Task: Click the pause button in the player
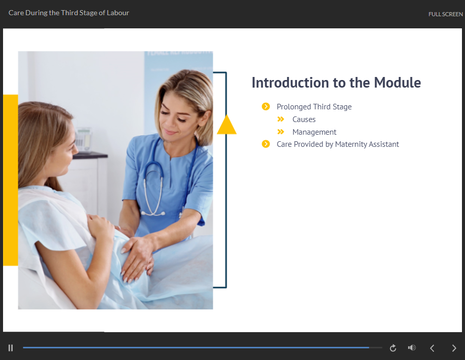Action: (11, 348)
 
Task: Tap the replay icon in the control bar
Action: (393, 348)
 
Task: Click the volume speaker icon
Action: (412, 347)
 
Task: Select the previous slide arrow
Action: (432, 348)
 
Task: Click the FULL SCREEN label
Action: (445, 14)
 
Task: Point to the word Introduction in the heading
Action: (290, 83)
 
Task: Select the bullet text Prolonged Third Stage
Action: (314, 107)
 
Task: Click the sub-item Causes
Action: (304, 119)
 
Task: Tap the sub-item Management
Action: (315, 132)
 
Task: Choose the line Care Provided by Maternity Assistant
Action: (338, 144)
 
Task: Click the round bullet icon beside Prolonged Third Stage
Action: (266, 106)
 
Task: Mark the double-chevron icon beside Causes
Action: (281, 119)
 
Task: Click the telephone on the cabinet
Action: (83, 140)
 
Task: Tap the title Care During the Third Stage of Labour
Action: (69, 13)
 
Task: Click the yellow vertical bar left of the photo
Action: (11, 180)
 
